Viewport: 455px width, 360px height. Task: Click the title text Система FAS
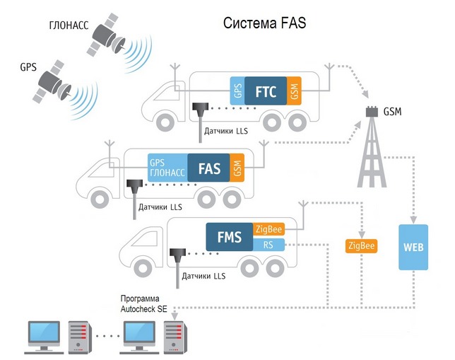[264, 23]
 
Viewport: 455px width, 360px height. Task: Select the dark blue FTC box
[266, 90]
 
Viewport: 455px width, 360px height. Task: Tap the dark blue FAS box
[209, 168]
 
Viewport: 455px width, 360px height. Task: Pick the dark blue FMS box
[229, 237]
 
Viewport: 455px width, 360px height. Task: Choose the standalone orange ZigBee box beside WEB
[361, 246]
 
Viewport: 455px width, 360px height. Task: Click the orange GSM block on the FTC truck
[294, 90]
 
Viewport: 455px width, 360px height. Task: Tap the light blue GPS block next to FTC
[237, 90]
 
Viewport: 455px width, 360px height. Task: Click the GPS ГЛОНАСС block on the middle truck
[167, 168]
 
